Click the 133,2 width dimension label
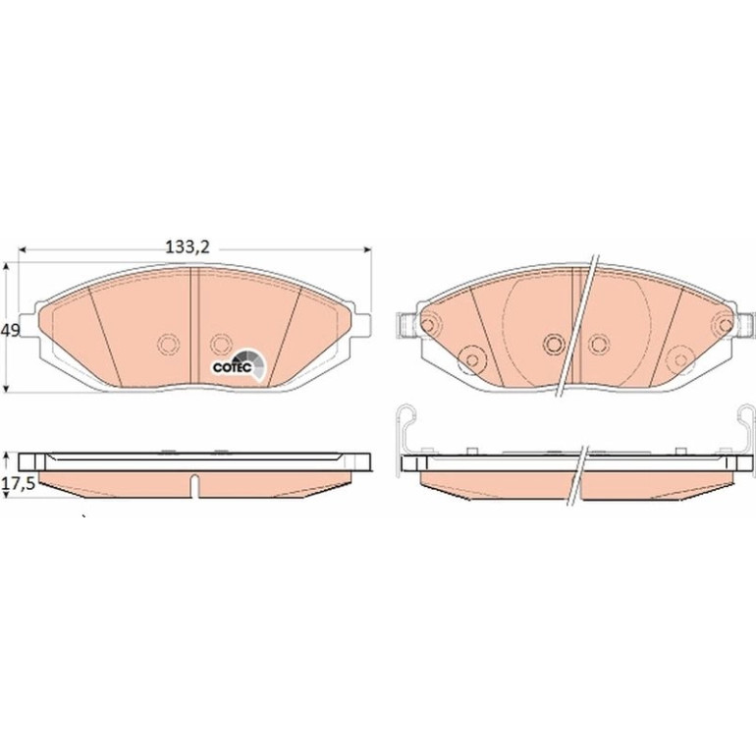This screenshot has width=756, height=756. (188, 247)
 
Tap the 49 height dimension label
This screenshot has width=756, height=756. (10, 331)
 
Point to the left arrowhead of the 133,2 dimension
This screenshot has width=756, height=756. (22, 249)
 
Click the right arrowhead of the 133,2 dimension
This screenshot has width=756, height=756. (368, 249)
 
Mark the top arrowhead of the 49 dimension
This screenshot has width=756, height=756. (6, 266)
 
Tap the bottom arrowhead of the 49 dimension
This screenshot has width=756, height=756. (6, 388)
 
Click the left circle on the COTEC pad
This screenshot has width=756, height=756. (168, 344)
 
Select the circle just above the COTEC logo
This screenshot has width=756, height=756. (220, 344)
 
